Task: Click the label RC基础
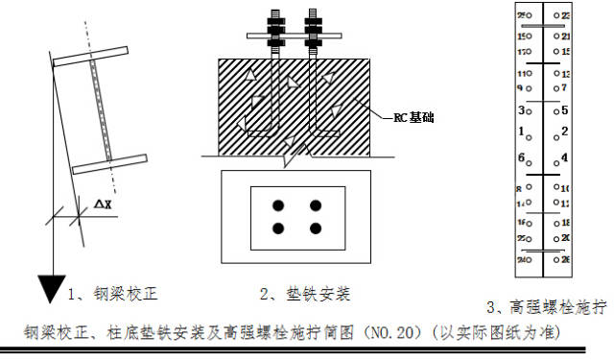(413, 119)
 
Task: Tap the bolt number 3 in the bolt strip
(521, 110)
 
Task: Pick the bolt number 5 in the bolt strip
(565, 110)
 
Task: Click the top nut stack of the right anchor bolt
(314, 21)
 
